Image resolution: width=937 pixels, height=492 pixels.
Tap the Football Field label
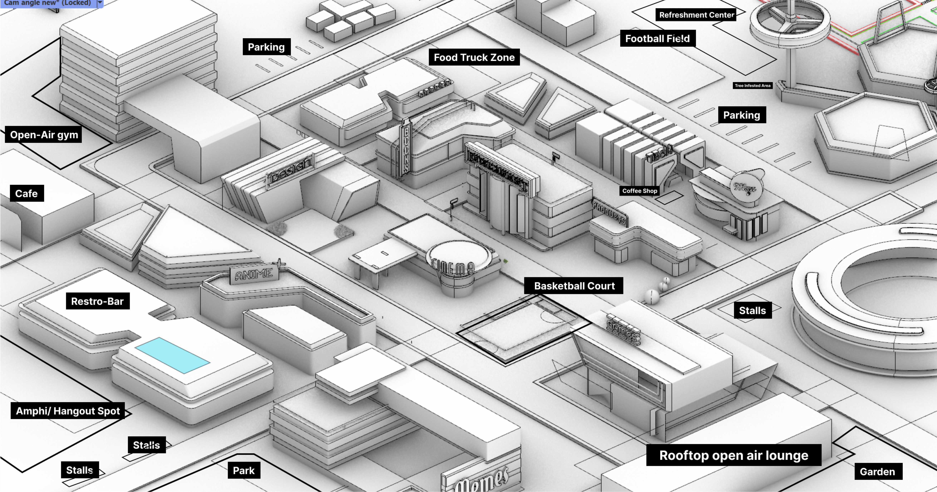657,39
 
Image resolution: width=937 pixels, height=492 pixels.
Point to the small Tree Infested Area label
752,86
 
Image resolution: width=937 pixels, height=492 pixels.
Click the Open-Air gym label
44,135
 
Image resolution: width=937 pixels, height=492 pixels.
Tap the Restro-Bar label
97,301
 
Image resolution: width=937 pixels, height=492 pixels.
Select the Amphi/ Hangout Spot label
68,411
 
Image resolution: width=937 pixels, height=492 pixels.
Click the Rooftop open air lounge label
733,455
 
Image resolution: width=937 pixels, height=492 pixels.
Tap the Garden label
877,472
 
